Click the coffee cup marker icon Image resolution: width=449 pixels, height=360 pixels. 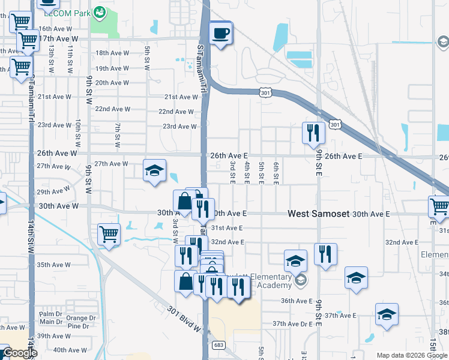[221, 33]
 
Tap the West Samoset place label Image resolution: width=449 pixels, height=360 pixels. [319, 214]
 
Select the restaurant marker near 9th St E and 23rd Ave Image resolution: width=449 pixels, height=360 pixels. [312, 133]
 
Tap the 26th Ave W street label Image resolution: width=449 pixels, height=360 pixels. [58, 154]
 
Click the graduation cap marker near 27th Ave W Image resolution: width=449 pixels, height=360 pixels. [154, 171]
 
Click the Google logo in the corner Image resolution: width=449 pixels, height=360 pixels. [20, 353]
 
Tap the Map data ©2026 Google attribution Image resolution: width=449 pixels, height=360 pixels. [412, 355]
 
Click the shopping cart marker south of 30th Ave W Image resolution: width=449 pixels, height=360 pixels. [109, 235]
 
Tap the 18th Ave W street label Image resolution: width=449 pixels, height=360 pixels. [113, 53]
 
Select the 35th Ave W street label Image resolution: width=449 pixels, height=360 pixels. [53, 265]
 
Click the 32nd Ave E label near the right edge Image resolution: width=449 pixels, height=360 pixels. [402, 242]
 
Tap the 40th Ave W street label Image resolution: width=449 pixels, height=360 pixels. [69, 350]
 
